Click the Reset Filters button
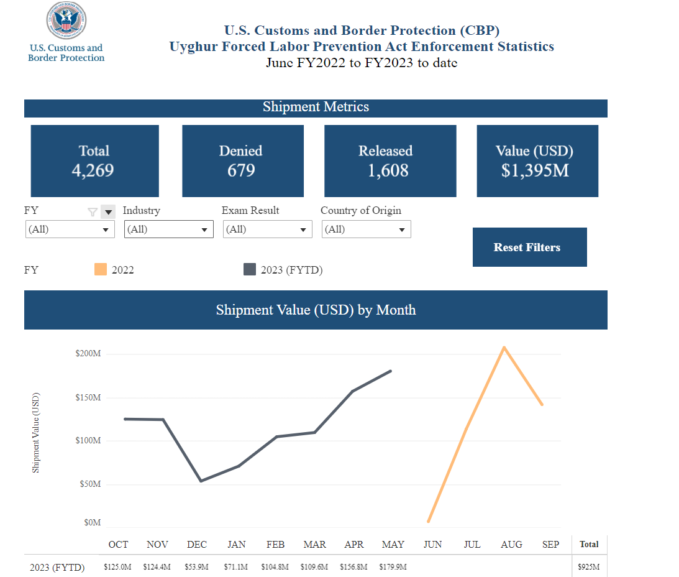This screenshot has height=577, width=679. pyautogui.click(x=530, y=247)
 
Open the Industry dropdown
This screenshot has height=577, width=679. pyautogui.click(x=169, y=229)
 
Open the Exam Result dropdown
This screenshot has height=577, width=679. pyautogui.click(x=268, y=229)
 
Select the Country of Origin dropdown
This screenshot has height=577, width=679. pyautogui.click(x=367, y=229)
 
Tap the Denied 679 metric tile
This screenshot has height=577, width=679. pyautogui.click(x=243, y=161)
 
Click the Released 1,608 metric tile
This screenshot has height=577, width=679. pyautogui.click(x=390, y=161)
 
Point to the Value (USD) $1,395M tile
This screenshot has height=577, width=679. pyautogui.click(x=537, y=161)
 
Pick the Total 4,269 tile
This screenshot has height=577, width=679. pyautogui.click(x=95, y=161)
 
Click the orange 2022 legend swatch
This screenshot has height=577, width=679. pyautogui.click(x=101, y=269)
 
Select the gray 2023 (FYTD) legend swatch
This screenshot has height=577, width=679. pyautogui.click(x=250, y=269)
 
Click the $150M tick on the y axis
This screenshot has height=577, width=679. pyautogui.click(x=88, y=397)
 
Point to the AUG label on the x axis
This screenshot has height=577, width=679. pyautogui.click(x=511, y=545)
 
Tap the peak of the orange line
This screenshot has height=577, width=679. pyautogui.click(x=504, y=347)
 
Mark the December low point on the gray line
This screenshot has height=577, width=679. pyautogui.click(x=201, y=481)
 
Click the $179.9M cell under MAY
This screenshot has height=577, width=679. pyautogui.click(x=393, y=567)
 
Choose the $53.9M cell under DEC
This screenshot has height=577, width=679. pyautogui.click(x=196, y=567)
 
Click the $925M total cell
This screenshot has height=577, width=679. pyautogui.click(x=589, y=567)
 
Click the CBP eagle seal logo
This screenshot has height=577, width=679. pyautogui.click(x=66, y=21)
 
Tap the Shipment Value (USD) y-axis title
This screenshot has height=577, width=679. pyautogui.click(x=35, y=433)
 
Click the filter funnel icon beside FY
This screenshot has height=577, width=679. pyautogui.click(x=92, y=212)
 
